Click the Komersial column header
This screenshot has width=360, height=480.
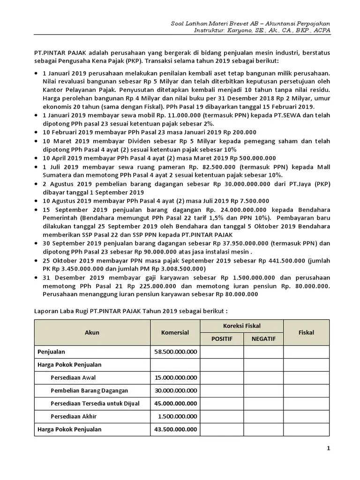(x=175, y=332)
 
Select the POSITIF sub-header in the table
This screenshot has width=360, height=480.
(x=221, y=338)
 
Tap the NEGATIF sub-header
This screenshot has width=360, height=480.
(x=263, y=338)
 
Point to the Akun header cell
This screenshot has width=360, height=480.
(x=92, y=332)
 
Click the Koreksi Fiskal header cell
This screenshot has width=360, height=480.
(x=242, y=326)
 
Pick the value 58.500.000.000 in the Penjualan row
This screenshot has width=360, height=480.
(x=175, y=351)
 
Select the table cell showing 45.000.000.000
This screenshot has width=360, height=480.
(x=175, y=403)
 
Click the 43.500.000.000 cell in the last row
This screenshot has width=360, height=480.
(x=175, y=429)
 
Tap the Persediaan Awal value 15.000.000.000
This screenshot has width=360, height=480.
(x=175, y=377)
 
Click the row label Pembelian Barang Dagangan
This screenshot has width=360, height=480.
(x=89, y=390)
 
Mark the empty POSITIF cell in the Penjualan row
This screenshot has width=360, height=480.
(x=221, y=351)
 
